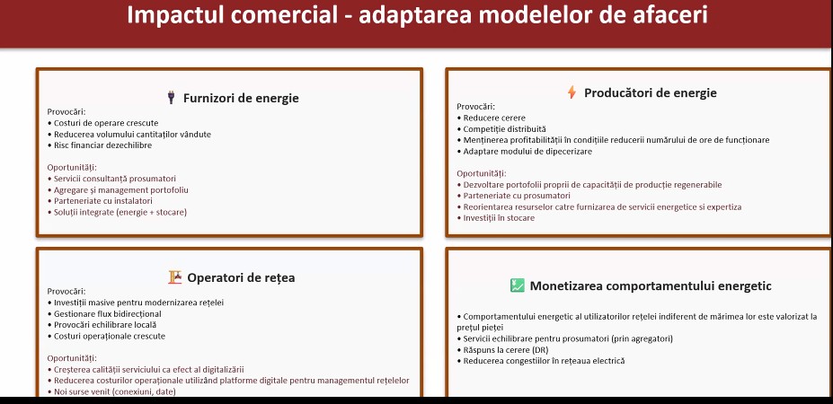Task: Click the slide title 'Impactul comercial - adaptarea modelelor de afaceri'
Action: point(417,15)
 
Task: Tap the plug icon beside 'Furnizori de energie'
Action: point(171,98)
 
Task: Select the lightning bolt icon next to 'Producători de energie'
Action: point(572,92)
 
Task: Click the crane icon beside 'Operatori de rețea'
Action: point(175,277)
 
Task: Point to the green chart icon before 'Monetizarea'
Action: point(518,285)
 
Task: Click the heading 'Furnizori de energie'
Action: point(241,98)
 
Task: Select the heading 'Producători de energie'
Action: point(651,92)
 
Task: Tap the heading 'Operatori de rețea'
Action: point(241,277)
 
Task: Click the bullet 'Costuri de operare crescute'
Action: point(103,123)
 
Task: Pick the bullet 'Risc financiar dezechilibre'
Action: point(100,145)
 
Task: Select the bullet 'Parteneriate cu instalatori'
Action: point(100,201)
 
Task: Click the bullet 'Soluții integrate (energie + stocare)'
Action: point(118,213)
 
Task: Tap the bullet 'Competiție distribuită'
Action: point(501,129)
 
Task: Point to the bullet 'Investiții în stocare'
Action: point(496,218)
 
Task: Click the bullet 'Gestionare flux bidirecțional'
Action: point(104,313)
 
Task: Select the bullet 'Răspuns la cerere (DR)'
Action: point(502,350)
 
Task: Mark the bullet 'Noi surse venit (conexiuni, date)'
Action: point(111,391)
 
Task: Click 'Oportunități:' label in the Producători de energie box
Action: point(482,173)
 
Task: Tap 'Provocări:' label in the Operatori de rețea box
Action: point(66,292)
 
